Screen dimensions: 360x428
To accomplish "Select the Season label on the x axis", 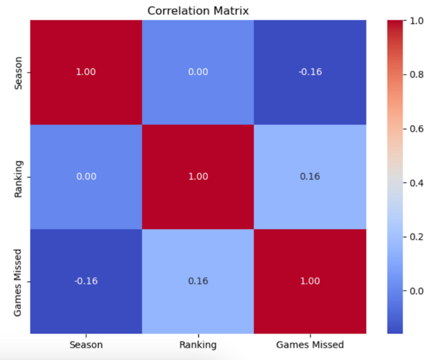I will [x=86, y=345].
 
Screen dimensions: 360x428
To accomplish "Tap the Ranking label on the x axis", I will [x=198, y=345].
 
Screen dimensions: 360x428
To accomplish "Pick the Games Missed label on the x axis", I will [x=310, y=345].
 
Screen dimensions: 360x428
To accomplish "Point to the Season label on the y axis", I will [x=19, y=72].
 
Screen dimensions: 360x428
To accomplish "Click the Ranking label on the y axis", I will [x=19, y=177].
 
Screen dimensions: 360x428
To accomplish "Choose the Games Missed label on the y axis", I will [x=19, y=281].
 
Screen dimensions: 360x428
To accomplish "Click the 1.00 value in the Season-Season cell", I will [x=86, y=72].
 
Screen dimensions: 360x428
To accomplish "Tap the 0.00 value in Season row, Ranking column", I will [x=198, y=72].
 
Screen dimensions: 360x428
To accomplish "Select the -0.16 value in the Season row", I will [x=310, y=72].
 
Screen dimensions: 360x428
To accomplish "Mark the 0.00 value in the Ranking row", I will [x=86, y=177].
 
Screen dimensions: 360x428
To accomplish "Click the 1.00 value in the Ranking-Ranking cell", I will [x=198, y=177].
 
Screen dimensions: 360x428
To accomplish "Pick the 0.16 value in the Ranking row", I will [x=310, y=177].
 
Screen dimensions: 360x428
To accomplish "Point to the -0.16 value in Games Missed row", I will [x=86, y=281].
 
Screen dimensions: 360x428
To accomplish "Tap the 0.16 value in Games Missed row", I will [x=198, y=281].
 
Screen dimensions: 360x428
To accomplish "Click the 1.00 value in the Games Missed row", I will [x=310, y=281].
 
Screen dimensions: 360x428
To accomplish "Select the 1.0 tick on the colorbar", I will [x=416, y=20].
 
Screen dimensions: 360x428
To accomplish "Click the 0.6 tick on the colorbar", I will [x=416, y=128].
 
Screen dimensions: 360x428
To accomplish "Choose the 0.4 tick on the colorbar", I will [x=416, y=182].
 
